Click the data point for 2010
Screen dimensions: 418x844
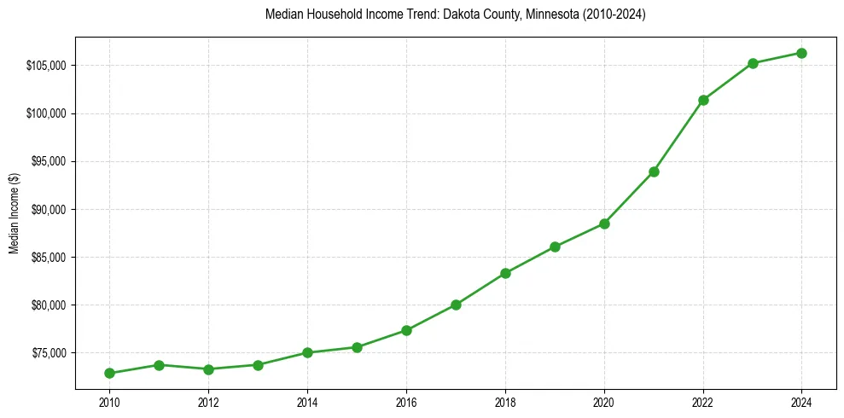click(x=109, y=373)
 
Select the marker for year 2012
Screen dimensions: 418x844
click(x=208, y=369)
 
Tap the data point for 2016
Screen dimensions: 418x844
click(x=406, y=330)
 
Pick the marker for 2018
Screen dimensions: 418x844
click(x=505, y=273)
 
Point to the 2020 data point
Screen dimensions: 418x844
click(x=604, y=224)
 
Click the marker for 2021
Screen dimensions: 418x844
click(x=654, y=171)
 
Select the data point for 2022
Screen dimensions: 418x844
click(x=703, y=100)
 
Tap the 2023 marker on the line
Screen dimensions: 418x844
click(x=753, y=63)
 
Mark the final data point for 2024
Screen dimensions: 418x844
click(x=802, y=53)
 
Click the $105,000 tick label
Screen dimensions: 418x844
click(x=47, y=66)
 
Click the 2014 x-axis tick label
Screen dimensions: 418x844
click(x=307, y=403)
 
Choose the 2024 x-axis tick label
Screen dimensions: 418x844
click(x=802, y=403)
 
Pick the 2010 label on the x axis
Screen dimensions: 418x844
click(x=109, y=403)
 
